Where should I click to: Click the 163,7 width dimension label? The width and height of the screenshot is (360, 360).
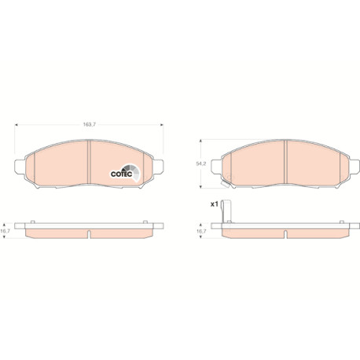pos(90,125)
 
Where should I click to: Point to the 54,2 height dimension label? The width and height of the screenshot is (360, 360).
pos(201,163)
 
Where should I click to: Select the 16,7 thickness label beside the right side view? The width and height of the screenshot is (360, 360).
pos(201,231)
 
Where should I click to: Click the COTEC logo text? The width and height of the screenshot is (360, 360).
pos(121,174)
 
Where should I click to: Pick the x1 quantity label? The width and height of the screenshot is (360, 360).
pos(215,204)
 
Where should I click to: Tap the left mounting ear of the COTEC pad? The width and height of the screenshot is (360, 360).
pos(20,167)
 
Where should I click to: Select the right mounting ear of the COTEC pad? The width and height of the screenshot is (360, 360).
pos(157,167)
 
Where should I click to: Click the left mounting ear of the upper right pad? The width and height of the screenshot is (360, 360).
pos(217,167)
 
